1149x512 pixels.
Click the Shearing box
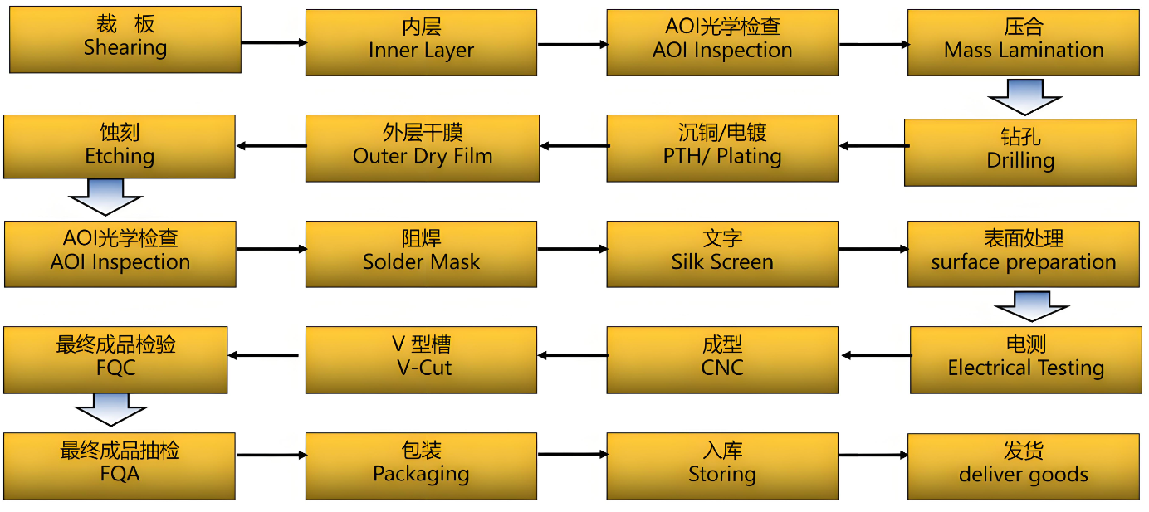click(125, 39)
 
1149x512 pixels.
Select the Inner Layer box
click(421, 42)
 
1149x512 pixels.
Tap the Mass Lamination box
click(1023, 42)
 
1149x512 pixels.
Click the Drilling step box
click(1020, 152)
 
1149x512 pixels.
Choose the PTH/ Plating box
click(722, 148)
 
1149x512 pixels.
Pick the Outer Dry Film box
click(423, 148)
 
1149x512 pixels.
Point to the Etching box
click(120, 147)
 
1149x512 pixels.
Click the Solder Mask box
click(421, 254)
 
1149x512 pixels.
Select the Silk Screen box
click(722, 254)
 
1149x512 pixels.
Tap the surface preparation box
click(1023, 254)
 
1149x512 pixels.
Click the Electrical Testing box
click(1025, 359)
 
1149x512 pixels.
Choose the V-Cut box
click(421, 359)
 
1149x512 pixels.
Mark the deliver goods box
click(1023, 466)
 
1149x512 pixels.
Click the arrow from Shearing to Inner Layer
click(273, 41)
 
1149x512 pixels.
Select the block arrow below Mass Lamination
click(1024, 96)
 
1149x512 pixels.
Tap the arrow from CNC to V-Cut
click(572, 355)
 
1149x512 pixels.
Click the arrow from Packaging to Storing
click(572, 454)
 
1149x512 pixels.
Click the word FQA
click(120, 475)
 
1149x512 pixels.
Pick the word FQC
click(115, 368)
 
